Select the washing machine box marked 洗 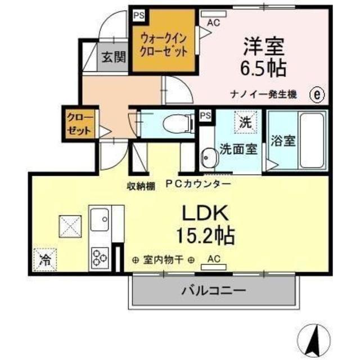coord(245,122)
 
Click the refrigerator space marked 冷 coord(45,260)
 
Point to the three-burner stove coord(100,258)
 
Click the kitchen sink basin coord(100,219)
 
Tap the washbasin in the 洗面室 coord(209,158)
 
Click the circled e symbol coord(317,94)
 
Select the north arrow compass coord(314,340)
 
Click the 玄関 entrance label coord(114,57)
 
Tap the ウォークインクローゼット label coord(163,45)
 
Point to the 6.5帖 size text coord(263,68)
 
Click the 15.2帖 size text coord(205,235)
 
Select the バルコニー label coord(214,291)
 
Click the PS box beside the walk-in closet coord(139,15)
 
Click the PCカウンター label coord(198,184)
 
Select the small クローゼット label coord(80,124)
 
